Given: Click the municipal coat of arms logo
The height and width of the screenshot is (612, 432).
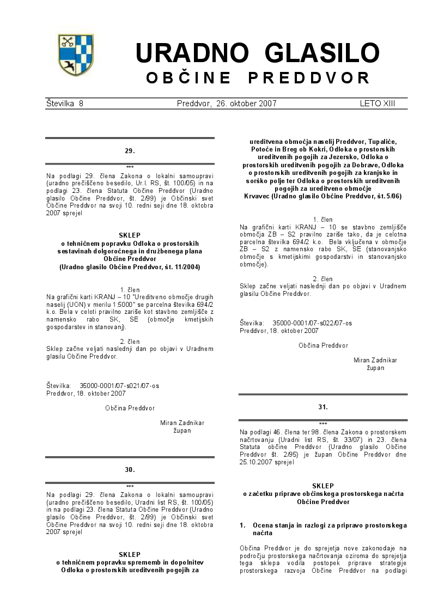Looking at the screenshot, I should [76, 55].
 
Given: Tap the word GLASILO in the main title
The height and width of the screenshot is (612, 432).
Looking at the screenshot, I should [321, 53].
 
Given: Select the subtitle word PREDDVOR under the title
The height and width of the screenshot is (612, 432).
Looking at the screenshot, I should [309, 78].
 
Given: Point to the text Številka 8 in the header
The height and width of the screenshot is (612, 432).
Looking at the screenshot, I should [65, 104].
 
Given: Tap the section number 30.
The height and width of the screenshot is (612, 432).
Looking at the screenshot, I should [130, 469].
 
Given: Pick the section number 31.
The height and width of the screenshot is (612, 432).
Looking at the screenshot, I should [323, 406].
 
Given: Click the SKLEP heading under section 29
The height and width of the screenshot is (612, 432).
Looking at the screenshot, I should [130, 236].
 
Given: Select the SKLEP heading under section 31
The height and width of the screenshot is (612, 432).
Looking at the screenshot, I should [323, 486].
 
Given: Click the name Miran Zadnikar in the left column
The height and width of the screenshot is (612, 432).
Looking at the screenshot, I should [182, 422].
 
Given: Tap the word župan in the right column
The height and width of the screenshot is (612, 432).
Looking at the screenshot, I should [375, 368].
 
